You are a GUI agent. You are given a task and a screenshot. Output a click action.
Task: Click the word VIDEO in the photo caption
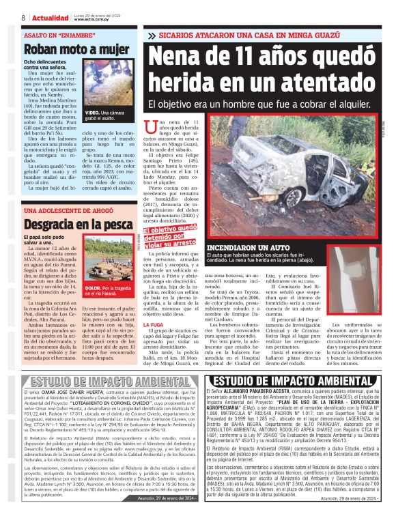pos(93,111)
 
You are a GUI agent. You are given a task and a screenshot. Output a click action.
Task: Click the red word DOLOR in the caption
pos(92,288)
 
